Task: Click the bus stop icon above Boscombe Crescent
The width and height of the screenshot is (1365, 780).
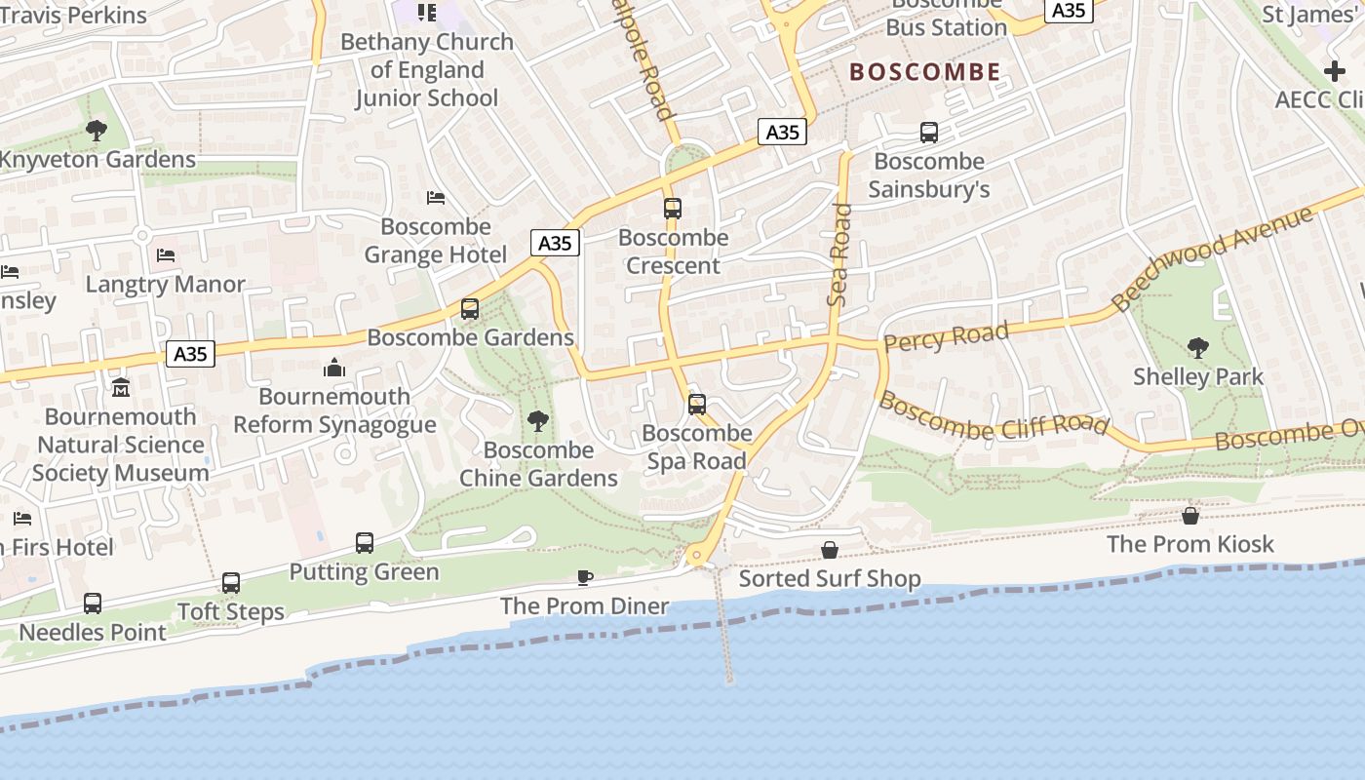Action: tap(673, 208)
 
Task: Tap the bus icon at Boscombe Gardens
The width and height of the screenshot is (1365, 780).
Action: tap(470, 309)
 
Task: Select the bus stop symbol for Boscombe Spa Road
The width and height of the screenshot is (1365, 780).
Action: tap(697, 404)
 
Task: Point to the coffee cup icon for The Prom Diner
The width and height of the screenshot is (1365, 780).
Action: tap(585, 577)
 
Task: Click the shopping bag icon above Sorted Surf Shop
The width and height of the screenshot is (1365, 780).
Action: tap(830, 550)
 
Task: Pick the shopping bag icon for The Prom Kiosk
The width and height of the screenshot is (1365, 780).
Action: tap(1190, 515)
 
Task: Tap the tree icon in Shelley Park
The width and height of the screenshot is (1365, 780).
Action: tap(1197, 347)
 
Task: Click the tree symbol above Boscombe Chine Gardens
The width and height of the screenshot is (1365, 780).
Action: tap(537, 421)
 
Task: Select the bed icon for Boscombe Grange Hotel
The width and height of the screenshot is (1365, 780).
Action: tap(436, 198)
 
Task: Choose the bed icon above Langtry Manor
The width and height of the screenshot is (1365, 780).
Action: tap(166, 255)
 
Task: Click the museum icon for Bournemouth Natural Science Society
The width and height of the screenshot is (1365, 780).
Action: tap(121, 388)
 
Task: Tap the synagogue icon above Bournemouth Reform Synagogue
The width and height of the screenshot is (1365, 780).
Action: tap(334, 368)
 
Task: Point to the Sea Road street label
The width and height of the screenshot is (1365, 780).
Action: tap(839, 255)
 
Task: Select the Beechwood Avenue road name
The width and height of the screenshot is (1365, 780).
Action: tap(1213, 258)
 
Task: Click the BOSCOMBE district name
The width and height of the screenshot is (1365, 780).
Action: tap(925, 72)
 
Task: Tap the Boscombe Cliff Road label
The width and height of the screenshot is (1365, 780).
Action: tap(994, 414)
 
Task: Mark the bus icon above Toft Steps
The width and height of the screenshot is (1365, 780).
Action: tap(231, 583)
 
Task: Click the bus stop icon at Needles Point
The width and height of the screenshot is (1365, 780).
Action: tap(93, 604)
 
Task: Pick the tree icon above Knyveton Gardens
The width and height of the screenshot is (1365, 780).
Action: tap(97, 130)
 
